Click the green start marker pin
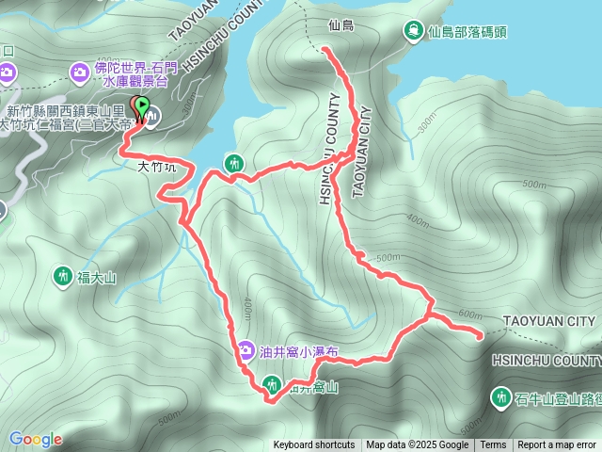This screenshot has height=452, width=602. coord(142,107)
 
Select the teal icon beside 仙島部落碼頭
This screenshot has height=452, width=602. coord(412,31)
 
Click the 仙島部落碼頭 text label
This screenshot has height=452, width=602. coord(467,31)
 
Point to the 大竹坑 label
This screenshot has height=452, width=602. coord(156,167)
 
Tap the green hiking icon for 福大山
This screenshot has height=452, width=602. coord(63,276)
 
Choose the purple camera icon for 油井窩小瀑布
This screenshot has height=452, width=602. coord(246,350)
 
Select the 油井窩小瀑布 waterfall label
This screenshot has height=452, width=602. coord(298,350)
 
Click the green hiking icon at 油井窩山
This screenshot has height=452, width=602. coord(272,383)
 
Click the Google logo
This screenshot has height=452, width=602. coord(35,439)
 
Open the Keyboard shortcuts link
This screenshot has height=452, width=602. coord(314,445)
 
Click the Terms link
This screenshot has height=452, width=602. coord(493,445)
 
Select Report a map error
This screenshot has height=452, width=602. coord(557,445)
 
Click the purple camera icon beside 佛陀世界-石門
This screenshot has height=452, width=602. coord(79,71)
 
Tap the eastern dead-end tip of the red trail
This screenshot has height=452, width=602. coord(482,334)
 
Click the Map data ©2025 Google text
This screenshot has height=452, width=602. coord(417,445)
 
